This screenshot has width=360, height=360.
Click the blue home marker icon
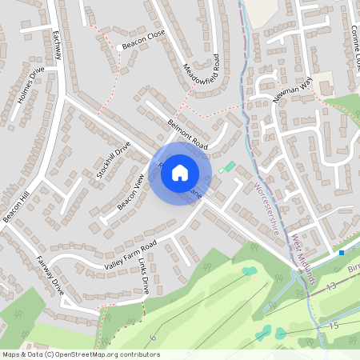[x=180, y=173]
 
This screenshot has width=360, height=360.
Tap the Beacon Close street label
[x=144, y=47]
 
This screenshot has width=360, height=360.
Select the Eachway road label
[x=56, y=47]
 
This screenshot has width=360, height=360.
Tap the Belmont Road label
[x=187, y=134]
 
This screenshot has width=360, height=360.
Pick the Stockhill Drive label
[x=113, y=159]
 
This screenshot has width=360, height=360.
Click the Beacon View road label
[x=130, y=192]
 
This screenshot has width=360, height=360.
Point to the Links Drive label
[x=141, y=275]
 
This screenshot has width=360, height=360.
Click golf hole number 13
[x=330, y=286]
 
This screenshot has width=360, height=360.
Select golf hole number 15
[x=334, y=325]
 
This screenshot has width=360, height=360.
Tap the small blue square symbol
[x=342, y=253]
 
